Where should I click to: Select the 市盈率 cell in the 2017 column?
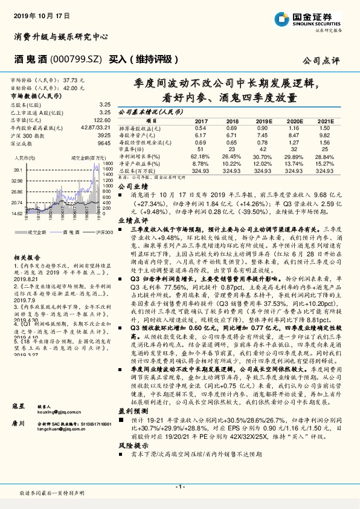(201, 148)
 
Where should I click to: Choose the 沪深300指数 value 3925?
(104, 135)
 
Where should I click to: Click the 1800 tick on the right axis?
(108, 164)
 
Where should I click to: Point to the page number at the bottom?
(179, 486)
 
